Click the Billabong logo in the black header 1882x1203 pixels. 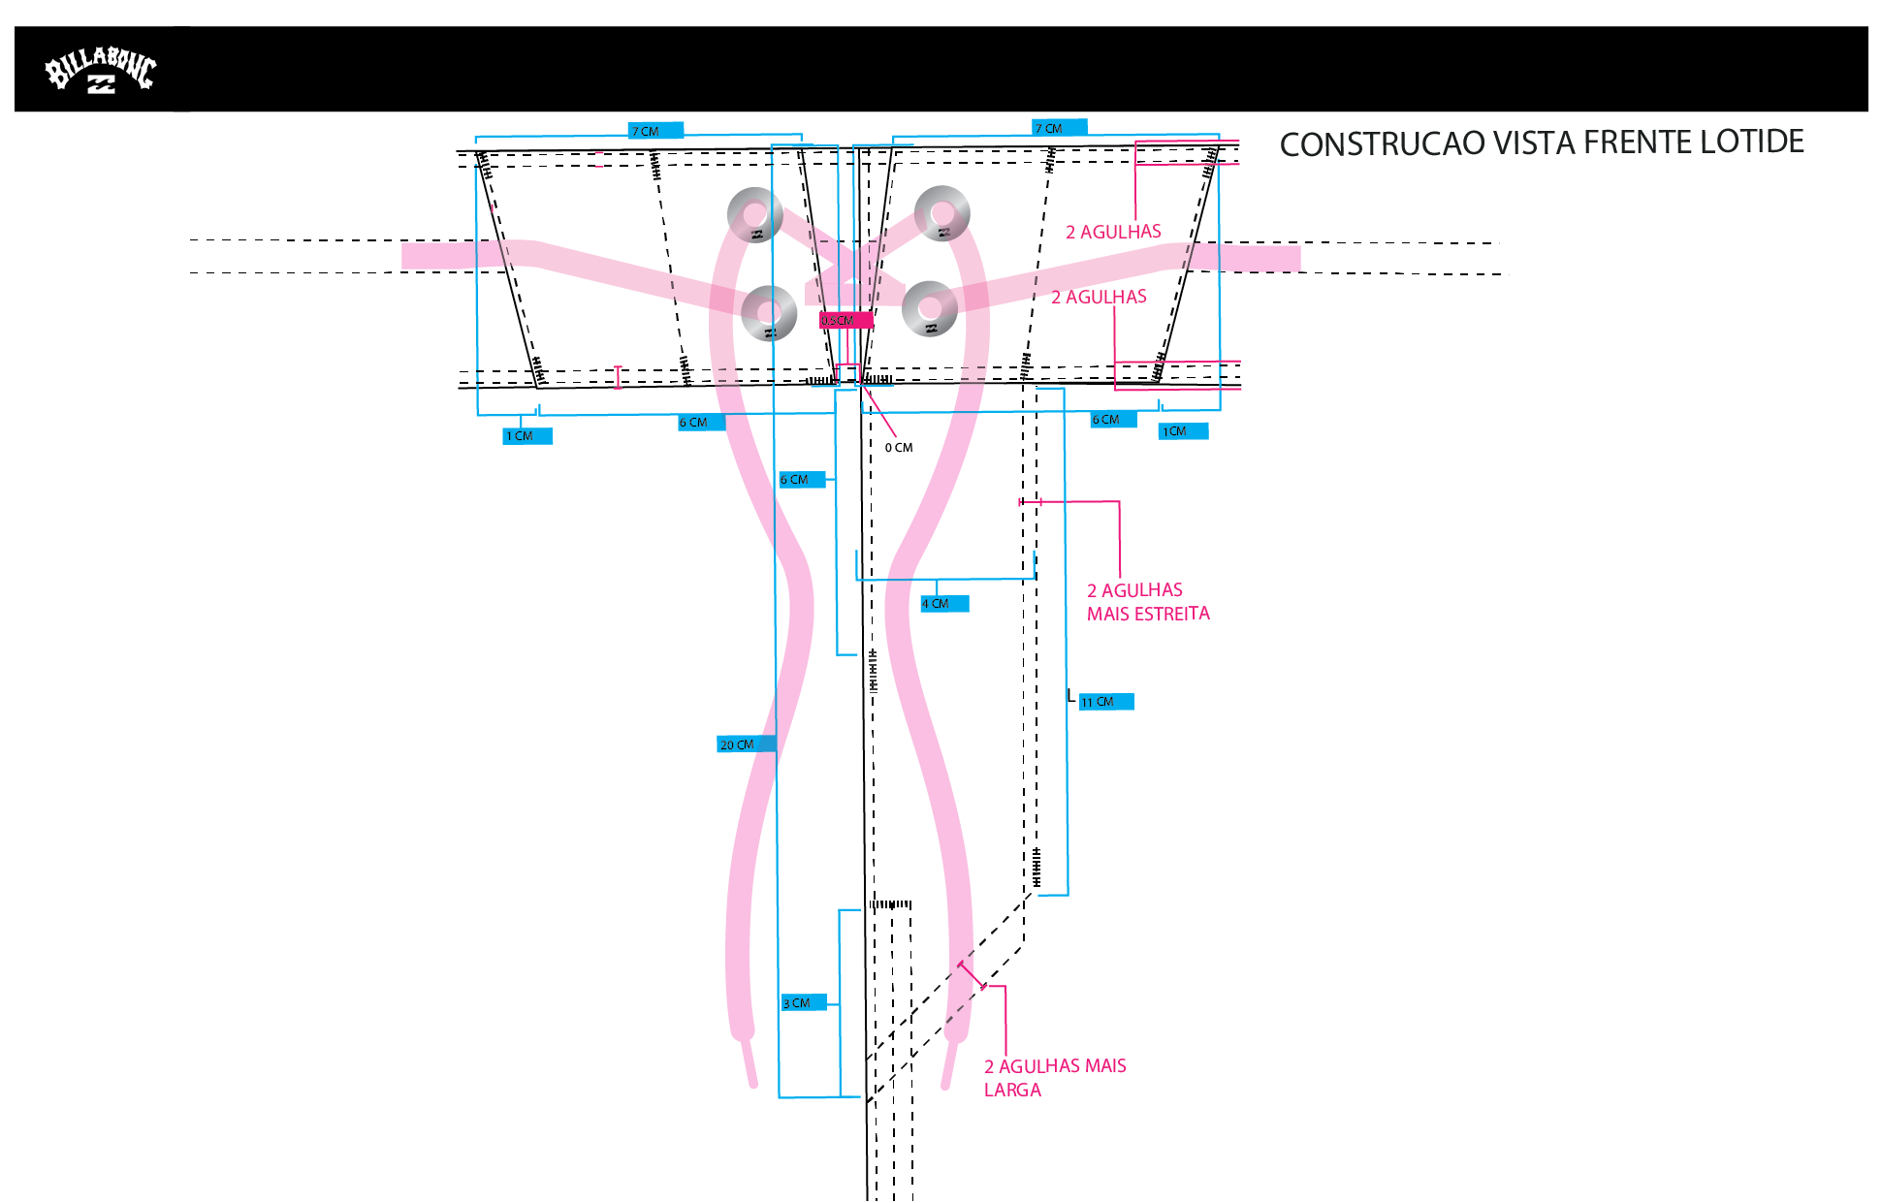(101, 70)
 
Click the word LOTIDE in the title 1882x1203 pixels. (1752, 142)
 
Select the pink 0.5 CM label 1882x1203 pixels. (846, 321)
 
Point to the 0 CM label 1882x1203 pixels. (899, 448)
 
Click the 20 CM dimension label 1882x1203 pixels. (746, 744)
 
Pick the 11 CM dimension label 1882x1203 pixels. (1105, 702)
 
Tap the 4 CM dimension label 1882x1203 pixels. (944, 604)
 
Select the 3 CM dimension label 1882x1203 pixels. (804, 1003)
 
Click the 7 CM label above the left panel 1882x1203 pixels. (655, 131)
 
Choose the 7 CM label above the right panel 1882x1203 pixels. (1059, 128)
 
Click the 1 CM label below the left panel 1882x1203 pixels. (527, 436)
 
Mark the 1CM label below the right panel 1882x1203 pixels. (1183, 431)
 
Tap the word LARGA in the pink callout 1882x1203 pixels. (1012, 1090)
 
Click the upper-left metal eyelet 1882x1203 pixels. (755, 214)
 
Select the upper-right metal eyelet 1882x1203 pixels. (941, 213)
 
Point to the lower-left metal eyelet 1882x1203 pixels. (769, 313)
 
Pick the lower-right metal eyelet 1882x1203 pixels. (930, 309)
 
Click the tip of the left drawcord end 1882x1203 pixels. (753, 1085)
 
